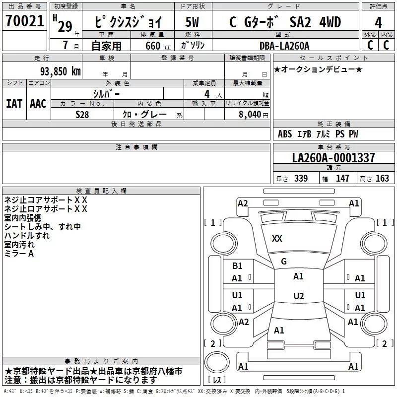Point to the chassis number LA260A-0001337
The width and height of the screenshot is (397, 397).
click(x=333, y=158)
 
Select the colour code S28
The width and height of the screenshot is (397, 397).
click(x=82, y=114)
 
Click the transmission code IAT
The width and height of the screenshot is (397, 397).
click(x=14, y=104)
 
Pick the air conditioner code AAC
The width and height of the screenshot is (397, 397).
click(x=38, y=104)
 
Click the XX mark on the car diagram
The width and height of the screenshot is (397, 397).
click(x=277, y=239)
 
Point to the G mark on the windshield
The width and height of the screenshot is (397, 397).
click(x=284, y=262)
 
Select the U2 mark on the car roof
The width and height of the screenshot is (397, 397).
click(x=298, y=296)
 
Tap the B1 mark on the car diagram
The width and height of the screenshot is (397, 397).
click(x=237, y=266)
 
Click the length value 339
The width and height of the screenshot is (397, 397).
click(x=301, y=179)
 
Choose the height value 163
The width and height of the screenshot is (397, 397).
click(x=382, y=179)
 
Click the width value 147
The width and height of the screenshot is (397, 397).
click(x=342, y=179)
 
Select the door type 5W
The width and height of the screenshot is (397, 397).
click(x=192, y=22)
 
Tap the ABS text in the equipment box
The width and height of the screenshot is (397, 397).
click(x=285, y=134)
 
